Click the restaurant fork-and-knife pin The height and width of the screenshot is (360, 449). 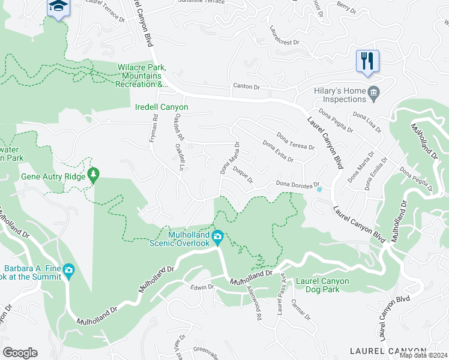coord(367,61)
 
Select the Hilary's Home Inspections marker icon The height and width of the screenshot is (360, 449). coord(374,92)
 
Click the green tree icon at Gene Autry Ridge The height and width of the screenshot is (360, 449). coord(93,175)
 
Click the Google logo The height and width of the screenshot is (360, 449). coord(20,353)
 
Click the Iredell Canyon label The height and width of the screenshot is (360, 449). coord(160,107)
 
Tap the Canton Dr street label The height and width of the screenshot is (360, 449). coord(246,88)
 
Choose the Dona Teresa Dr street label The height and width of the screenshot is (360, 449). coord(295,142)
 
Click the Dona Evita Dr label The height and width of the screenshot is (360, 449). coord(278,151)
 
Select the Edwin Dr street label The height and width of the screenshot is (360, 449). coord(202,287)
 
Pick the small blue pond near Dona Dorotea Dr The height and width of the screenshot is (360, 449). coord(319,190)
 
